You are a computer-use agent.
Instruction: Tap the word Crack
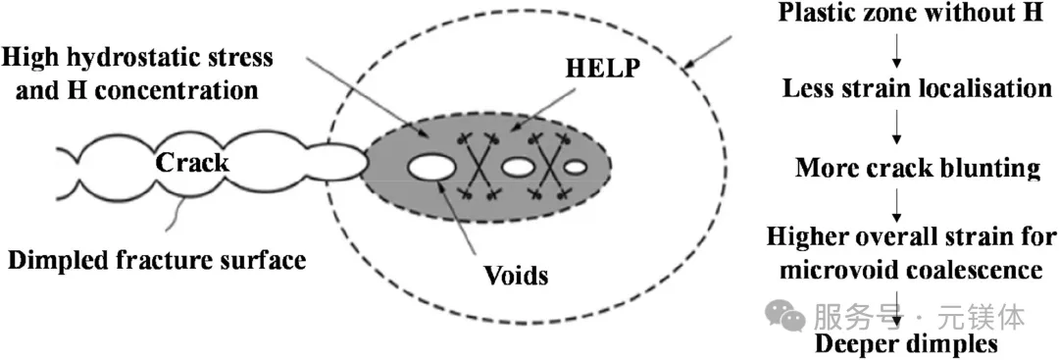coord(192,162)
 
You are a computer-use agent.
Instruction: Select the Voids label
coord(516,275)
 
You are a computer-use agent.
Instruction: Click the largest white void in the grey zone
coord(432,166)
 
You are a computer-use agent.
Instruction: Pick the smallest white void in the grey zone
coord(576,167)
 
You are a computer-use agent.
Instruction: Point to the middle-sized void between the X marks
coord(519,166)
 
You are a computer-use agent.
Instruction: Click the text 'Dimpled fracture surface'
coord(157,260)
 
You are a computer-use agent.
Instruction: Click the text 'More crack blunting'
coord(918,167)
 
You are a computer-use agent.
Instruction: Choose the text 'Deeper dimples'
coord(906,343)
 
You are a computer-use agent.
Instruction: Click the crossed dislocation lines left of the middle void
coord(479,167)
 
